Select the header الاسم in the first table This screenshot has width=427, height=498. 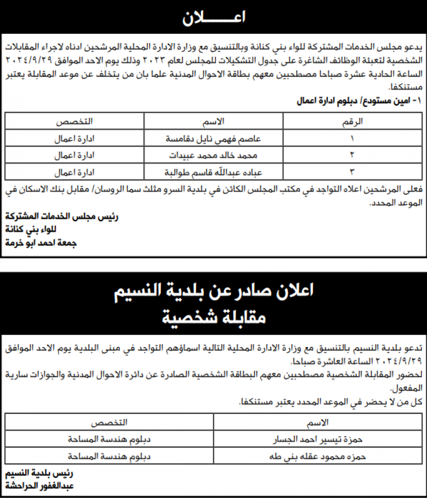(x=213, y=121)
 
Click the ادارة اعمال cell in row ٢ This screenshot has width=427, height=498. (x=74, y=155)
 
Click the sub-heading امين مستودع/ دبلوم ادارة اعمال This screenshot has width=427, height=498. (x=360, y=101)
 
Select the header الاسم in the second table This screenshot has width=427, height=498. (x=317, y=422)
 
